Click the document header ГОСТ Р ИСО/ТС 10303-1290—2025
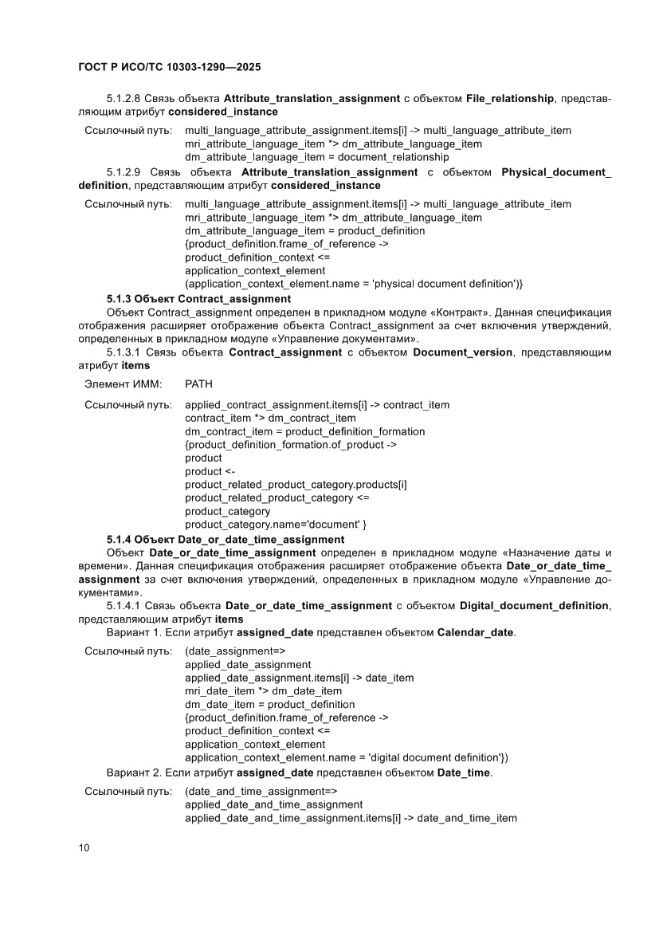point(169,69)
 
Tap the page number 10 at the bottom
point(84,847)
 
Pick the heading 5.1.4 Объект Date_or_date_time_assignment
point(214,539)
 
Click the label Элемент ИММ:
point(117,384)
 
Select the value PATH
point(198,384)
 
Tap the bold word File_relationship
point(509,98)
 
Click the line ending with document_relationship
point(316,157)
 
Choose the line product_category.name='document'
point(275,524)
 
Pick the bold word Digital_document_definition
point(533,605)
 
